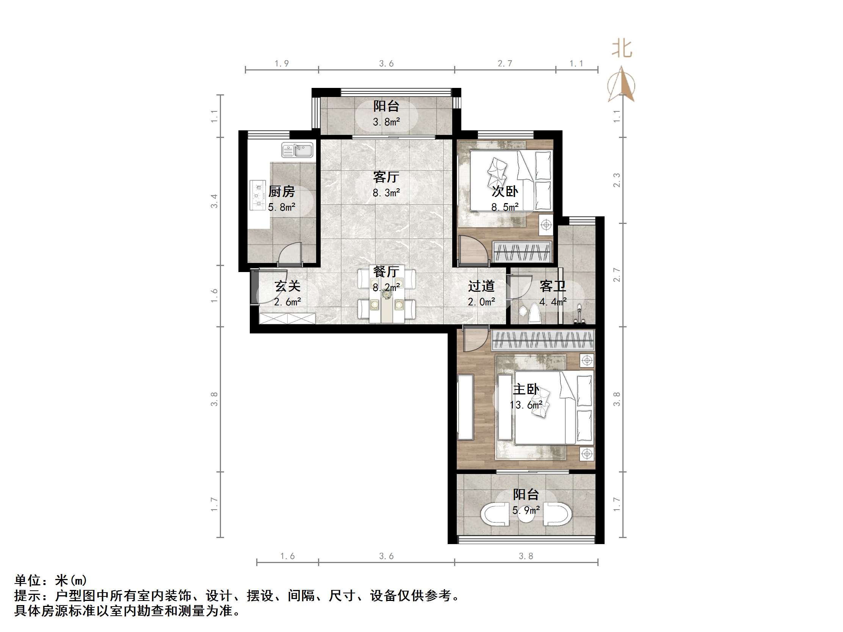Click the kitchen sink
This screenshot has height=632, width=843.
(x=297, y=150)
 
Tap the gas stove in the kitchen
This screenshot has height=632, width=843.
(x=258, y=195)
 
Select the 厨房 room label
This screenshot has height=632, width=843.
(x=282, y=192)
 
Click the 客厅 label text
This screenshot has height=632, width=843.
(x=386, y=177)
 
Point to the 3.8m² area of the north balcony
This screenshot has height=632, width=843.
(x=386, y=122)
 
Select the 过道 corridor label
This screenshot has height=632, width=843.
(x=481, y=286)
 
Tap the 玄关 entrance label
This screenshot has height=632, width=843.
(x=287, y=286)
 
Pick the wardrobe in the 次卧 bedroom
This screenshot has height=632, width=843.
(x=522, y=252)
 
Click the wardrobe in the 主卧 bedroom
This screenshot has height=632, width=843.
(x=543, y=340)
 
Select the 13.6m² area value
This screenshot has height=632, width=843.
(x=526, y=405)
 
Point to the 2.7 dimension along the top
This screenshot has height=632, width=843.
(x=505, y=64)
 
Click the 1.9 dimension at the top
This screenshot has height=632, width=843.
(x=282, y=64)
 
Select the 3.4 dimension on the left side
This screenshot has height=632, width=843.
(x=215, y=201)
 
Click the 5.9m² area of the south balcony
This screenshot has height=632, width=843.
(x=526, y=510)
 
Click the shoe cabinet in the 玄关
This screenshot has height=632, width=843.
(x=287, y=318)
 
